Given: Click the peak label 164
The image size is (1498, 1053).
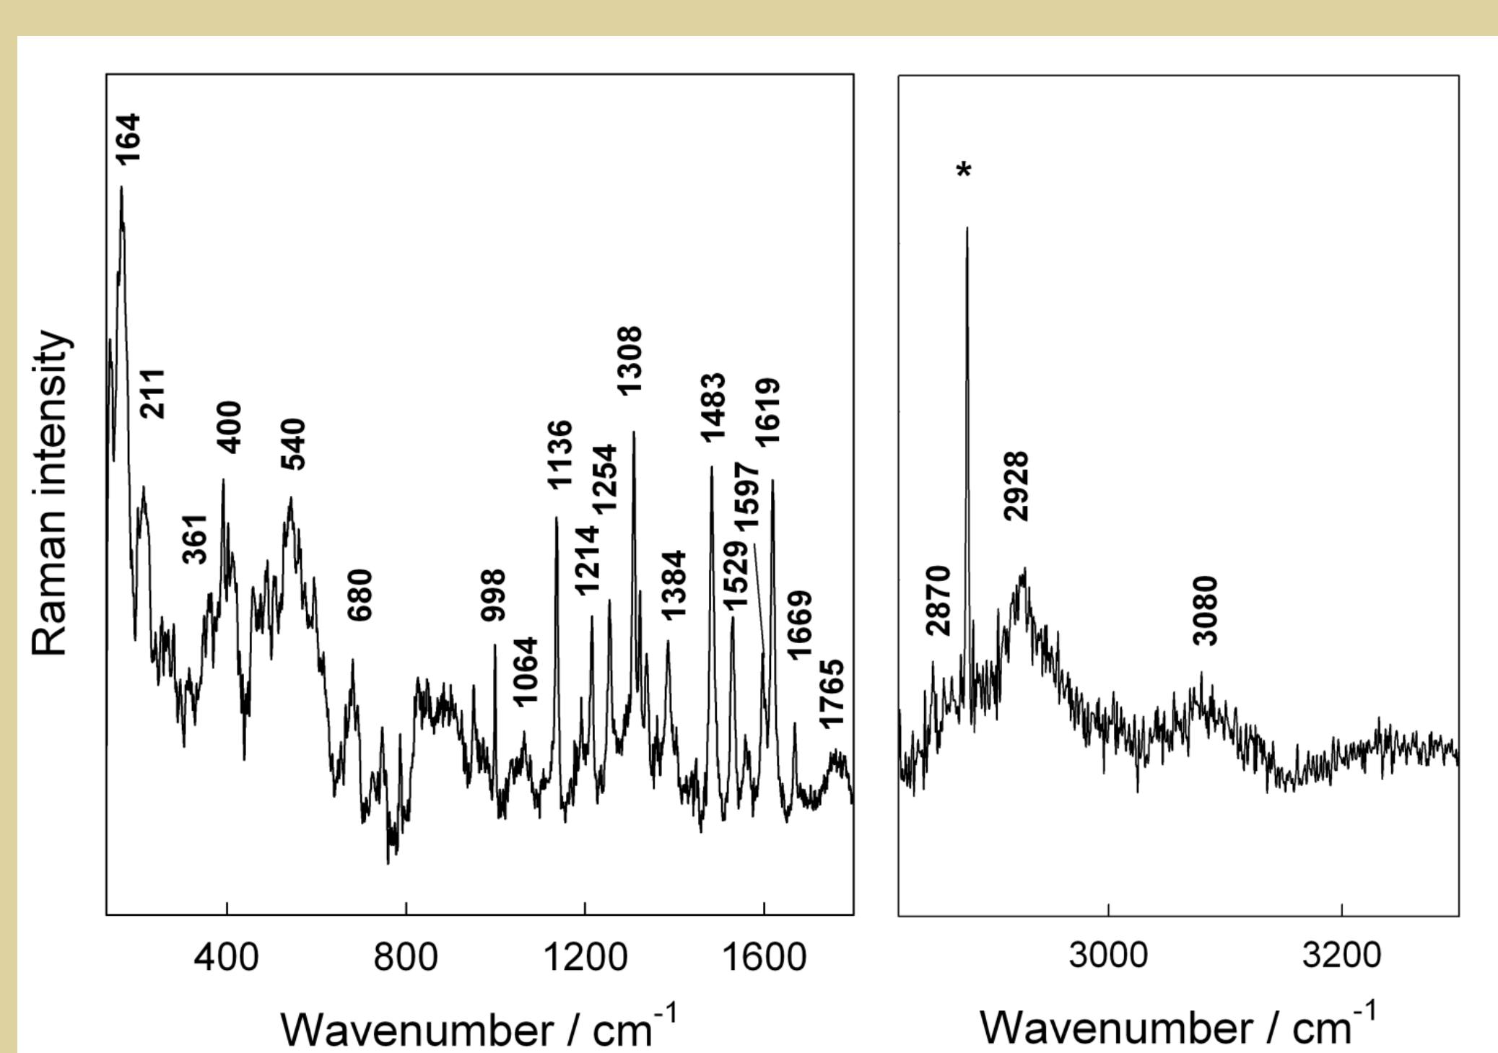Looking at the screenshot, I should click(x=129, y=139).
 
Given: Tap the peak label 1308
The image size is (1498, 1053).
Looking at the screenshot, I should click(x=630, y=360).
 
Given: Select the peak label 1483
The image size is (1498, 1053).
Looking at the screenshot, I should click(x=713, y=407).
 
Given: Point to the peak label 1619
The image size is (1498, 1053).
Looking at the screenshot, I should click(x=767, y=412).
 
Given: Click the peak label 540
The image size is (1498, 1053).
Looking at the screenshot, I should click(x=293, y=444).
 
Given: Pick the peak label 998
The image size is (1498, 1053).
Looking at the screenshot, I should click(x=494, y=595).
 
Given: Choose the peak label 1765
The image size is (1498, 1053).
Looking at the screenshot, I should click(x=831, y=694).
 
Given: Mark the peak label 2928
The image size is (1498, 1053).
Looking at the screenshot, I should click(x=1016, y=486).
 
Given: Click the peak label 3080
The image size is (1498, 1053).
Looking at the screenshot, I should click(x=1205, y=611).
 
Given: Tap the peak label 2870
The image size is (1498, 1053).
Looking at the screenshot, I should click(x=938, y=601).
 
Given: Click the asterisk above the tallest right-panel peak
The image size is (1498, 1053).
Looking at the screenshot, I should click(x=964, y=172).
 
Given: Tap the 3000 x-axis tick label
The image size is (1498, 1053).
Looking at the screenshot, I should click(x=1108, y=955).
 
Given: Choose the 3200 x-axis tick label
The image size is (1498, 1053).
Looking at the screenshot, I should click(x=1341, y=955).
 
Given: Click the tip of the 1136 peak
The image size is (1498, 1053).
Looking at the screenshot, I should click(x=556, y=517).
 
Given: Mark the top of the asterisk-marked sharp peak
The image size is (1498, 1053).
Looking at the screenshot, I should click(x=967, y=228).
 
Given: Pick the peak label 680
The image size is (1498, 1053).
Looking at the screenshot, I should click(x=360, y=595).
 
